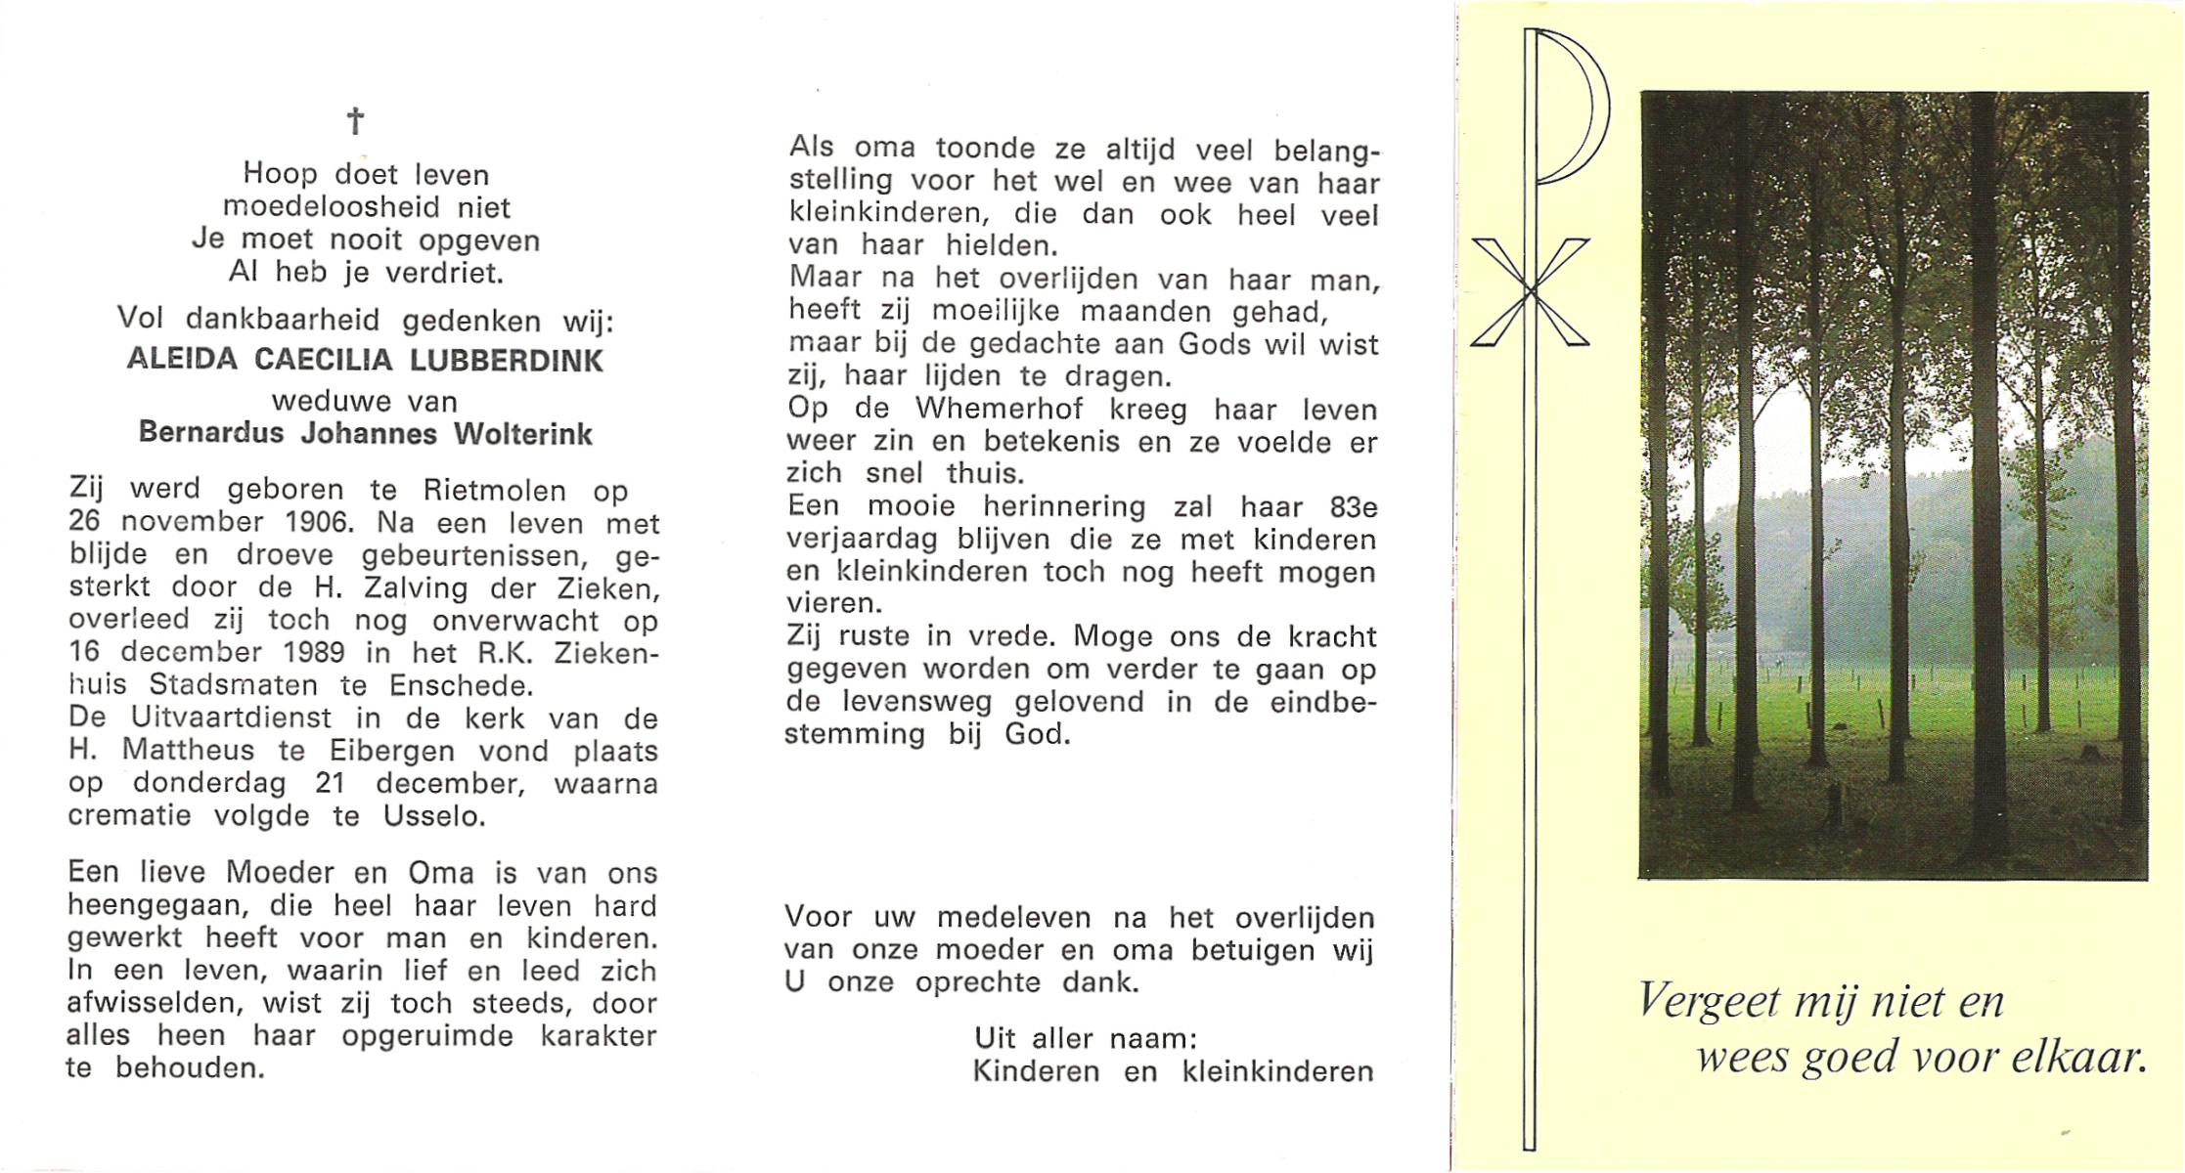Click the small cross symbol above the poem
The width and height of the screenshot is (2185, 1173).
[x=356, y=121]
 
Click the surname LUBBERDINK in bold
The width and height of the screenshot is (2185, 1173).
[x=507, y=361]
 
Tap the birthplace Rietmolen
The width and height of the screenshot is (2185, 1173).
[x=495, y=490]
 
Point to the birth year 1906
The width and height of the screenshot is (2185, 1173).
[x=315, y=522]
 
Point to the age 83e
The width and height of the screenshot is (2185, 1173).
[x=1354, y=507]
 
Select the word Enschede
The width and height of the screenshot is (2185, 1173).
[x=462, y=684]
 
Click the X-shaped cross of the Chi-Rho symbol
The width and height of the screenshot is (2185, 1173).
[x=1530, y=291]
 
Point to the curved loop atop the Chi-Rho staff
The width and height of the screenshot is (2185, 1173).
[x=1574, y=108]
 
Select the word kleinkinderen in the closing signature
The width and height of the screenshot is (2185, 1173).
[x=1277, y=1071]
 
